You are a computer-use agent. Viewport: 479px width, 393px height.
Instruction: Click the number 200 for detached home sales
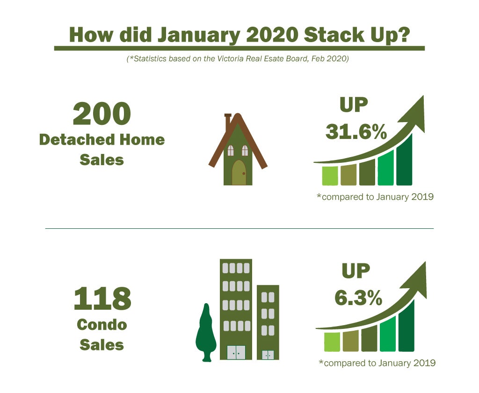pyautogui.click(x=102, y=113)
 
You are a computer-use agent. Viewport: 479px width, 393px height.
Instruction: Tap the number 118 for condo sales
pyautogui.click(x=102, y=298)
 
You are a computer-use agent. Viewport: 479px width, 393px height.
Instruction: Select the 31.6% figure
pyautogui.click(x=356, y=132)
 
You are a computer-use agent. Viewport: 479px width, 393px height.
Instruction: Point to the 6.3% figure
pyautogui.click(x=358, y=298)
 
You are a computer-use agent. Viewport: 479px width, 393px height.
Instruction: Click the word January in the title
pyautogui.click(x=199, y=35)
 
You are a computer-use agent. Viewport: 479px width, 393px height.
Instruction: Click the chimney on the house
pyautogui.click(x=228, y=122)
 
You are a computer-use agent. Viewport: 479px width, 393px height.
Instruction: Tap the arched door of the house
pyautogui.click(x=239, y=173)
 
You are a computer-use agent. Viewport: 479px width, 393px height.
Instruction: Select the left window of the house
pyautogui.click(x=231, y=150)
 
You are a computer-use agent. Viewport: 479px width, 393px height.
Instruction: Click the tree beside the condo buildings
pyautogui.click(x=206, y=333)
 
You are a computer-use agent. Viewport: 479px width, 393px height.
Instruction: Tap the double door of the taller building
pyautogui.click(x=236, y=352)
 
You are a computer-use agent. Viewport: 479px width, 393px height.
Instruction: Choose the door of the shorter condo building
pyautogui.click(x=268, y=355)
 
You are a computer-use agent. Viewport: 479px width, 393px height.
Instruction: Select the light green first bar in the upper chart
pyautogui.click(x=330, y=176)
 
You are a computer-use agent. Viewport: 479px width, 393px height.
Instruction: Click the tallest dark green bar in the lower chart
pyautogui.click(x=406, y=326)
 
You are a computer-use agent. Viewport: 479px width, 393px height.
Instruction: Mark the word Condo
pyautogui.click(x=102, y=325)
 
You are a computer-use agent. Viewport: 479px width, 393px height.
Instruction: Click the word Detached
pyautogui.click(x=77, y=140)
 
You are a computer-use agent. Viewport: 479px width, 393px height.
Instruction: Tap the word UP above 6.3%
pyautogui.click(x=356, y=271)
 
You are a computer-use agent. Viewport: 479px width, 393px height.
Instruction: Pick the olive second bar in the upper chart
pyautogui.click(x=348, y=175)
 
